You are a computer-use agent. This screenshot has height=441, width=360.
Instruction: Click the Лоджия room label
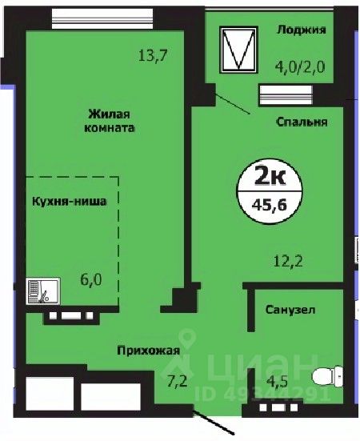click(x=301, y=30)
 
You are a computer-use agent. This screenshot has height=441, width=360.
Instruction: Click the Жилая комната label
click(x=109, y=120)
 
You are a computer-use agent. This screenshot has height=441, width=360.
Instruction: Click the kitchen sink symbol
click(x=39, y=290)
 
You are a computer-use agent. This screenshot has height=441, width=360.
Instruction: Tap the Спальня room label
click(x=300, y=122)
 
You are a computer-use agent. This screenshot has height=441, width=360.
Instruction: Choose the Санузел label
click(x=291, y=308)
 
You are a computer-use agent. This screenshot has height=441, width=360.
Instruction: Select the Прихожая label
click(x=147, y=350)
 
